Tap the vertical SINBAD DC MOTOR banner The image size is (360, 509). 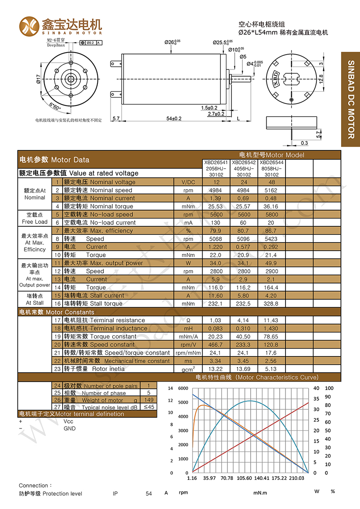350,99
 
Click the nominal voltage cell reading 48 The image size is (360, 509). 271,182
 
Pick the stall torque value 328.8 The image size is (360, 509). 271,304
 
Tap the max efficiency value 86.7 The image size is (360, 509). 271,231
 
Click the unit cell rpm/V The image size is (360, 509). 188,344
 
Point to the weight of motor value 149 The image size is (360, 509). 148,400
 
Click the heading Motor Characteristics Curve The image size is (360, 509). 257,377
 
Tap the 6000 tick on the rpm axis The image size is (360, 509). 183,388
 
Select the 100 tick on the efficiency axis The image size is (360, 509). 329,388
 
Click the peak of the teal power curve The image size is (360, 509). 251,401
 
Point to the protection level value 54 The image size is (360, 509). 148,494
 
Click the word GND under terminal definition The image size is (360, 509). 70,429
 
